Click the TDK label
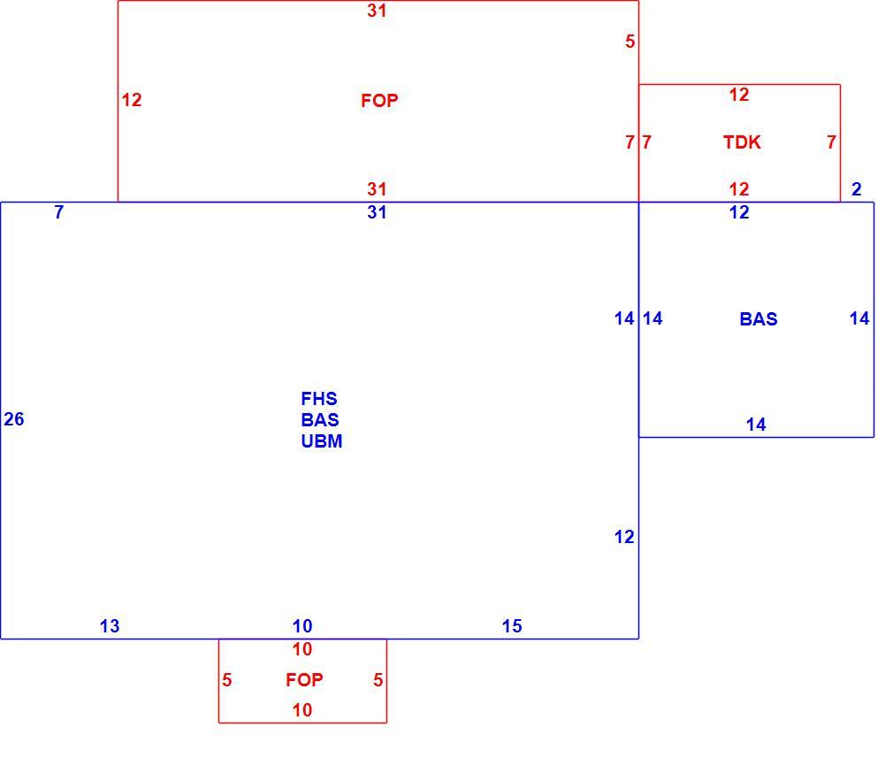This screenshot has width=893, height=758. (x=742, y=142)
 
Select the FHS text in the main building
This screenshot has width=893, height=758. (x=319, y=398)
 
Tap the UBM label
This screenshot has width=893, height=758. (x=322, y=441)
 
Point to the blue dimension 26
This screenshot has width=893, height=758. (x=14, y=419)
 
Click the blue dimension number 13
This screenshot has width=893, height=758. (x=110, y=626)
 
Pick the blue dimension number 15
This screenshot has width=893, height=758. (x=511, y=626)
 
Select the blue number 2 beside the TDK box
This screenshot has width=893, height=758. (x=857, y=189)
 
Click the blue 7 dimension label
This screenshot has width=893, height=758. (x=59, y=212)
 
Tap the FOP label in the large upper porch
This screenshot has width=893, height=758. (x=379, y=101)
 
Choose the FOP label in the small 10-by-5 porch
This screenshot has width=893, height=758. (x=304, y=680)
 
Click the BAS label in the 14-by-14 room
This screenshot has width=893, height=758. (x=759, y=319)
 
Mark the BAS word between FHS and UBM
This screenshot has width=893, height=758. (x=320, y=420)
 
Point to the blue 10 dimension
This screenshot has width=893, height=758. (x=301, y=626)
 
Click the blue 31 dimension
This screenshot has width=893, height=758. (x=377, y=212)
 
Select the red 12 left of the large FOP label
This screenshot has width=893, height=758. (x=132, y=100)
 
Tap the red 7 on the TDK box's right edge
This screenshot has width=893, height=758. (x=831, y=142)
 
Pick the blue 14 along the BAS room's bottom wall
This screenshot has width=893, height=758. (x=756, y=425)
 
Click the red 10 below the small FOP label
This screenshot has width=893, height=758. (x=301, y=710)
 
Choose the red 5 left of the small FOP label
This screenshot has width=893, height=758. (x=226, y=680)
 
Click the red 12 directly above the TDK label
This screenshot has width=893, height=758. (x=739, y=95)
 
